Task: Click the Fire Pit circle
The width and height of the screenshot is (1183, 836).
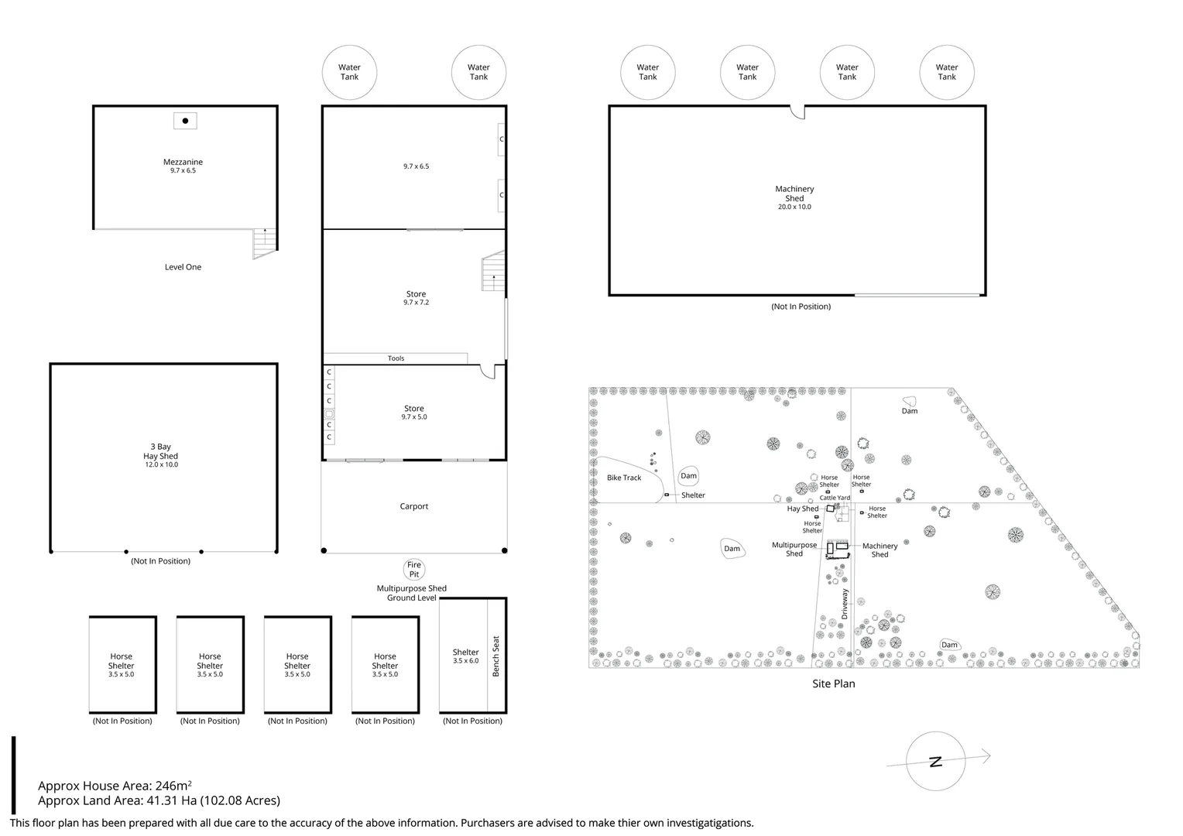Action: pos(414,569)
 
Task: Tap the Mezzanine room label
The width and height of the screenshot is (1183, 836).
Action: pos(183,162)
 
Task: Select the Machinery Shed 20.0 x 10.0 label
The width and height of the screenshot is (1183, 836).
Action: pos(794,197)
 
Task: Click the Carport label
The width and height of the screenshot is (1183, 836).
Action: pos(414,506)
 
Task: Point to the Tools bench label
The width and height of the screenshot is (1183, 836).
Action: pos(396,358)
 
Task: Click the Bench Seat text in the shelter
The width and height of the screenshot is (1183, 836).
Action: pos(496,656)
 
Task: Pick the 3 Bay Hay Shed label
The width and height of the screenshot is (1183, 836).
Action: pos(161,455)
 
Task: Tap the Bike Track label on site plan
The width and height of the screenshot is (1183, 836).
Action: pos(624,478)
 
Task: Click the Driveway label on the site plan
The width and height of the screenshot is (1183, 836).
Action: pos(845,604)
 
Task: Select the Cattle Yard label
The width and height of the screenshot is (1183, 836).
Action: pos(835,498)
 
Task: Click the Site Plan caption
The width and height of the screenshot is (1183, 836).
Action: pos(833,684)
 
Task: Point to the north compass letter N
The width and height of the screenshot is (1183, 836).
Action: pos(936,762)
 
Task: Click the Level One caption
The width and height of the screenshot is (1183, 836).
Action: pos(183,267)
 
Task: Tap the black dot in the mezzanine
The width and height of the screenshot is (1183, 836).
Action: pos(185,121)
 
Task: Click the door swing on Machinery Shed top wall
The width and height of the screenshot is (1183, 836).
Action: pos(797,112)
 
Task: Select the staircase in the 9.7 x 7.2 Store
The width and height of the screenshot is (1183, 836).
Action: pos(493,271)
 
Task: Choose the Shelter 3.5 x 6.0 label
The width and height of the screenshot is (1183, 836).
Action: pos(465,656)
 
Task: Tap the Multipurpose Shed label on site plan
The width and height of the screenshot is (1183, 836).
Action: pos(794,550)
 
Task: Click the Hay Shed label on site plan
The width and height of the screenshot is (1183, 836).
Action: pos(803,509)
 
